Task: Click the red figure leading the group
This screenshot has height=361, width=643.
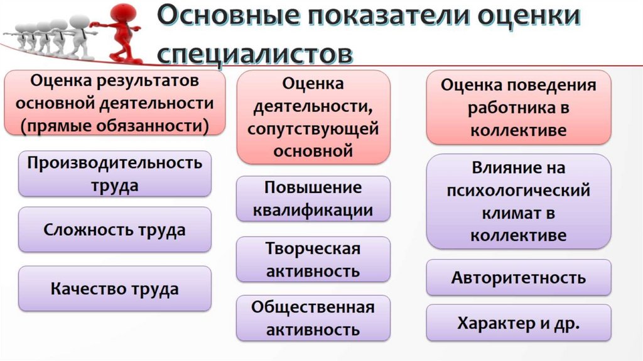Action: (x=121, y=31)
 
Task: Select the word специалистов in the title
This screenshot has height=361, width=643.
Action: (x=254, y=53)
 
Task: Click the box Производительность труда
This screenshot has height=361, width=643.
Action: (x=115, y=174)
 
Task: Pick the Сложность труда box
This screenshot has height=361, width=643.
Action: (x=115, y=230)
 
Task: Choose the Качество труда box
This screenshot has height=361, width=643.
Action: (x=115, y=289)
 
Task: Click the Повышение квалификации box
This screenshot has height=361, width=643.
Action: (x=313, y=199)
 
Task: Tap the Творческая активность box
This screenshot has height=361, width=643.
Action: (x=313, y=259)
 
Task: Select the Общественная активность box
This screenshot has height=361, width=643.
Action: (x=313, y=318)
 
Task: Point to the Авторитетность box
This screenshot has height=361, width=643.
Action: (x=518, y=277)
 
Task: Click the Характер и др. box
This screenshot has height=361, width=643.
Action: (x=518, y=323)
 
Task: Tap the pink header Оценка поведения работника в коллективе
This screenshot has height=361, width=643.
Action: (x=518, y=108)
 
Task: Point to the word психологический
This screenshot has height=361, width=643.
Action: (x=518, y=191)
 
